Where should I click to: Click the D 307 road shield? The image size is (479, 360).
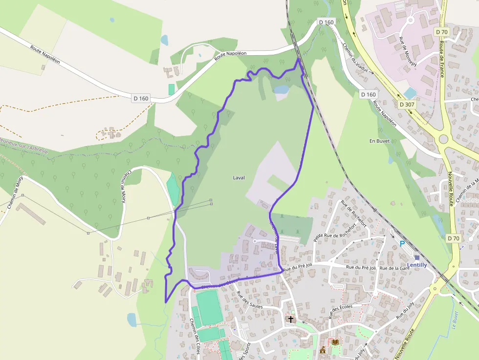click(x=407, y=105)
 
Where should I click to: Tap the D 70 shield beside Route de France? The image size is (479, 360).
click(x=441, y=32)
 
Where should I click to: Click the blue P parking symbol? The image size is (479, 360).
click(x=402, y=244)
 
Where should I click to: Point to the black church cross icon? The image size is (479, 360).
click(x=291, y=319)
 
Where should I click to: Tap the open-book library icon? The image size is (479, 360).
click(x=335, y=342)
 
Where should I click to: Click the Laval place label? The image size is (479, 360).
click(x=239, y=177)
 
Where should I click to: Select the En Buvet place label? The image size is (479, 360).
click(x=379, y=141)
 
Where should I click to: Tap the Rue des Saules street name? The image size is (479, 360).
click(x=250, y=300)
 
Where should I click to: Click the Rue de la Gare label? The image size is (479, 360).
click(x=394, y=268)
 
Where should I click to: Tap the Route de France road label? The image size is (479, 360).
click(x=441, y=59)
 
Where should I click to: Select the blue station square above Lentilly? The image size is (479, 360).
click(x=417, y=257)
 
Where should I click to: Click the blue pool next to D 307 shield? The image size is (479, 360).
click(x=410, y=93)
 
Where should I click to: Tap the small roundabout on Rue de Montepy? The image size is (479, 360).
click(x=410, y=20)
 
